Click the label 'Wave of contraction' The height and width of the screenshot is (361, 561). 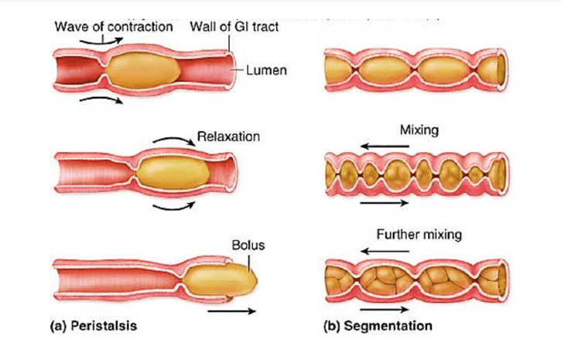[113, 27]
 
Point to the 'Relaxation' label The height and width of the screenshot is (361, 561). [227, 136]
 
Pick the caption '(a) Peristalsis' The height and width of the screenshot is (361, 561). [94, 326]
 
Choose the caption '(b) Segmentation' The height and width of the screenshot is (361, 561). [377, 326]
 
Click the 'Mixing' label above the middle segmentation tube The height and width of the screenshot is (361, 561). [419, 129]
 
